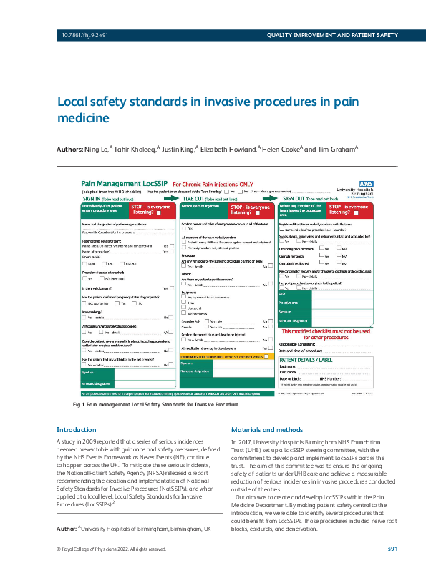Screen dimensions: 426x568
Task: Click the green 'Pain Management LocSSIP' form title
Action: [126, 184]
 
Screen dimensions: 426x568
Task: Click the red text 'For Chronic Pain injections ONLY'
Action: [213, 185]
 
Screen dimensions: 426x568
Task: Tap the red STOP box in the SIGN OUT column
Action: [350, 210]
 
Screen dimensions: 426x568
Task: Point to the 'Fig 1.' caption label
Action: [80, 405]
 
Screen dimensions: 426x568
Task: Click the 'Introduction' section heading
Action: [76, 429]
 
